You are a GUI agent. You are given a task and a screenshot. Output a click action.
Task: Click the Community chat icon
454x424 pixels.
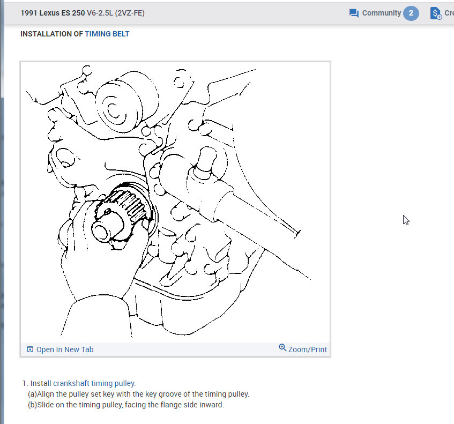pos(354,13)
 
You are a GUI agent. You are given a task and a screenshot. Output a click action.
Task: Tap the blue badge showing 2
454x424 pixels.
pos(411,13)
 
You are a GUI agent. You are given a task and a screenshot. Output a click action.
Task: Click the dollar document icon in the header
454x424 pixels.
pos(436,13)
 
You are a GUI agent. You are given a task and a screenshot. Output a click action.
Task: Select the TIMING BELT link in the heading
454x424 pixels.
pos(107,34)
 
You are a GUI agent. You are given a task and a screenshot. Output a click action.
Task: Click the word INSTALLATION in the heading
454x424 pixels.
pos(46,34)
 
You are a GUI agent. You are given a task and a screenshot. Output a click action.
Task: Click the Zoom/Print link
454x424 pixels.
pos(308,349)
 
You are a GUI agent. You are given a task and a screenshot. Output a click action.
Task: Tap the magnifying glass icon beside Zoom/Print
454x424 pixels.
pos(282,347)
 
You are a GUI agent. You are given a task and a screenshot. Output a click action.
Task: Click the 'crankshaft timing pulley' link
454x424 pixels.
pos(94,383)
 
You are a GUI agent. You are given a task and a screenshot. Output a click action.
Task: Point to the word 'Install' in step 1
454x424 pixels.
pos(41,383)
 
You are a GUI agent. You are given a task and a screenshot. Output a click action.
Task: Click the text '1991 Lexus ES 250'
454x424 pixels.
pos(53,13)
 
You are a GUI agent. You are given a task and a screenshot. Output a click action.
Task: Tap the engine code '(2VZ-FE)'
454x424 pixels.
pos(130,13)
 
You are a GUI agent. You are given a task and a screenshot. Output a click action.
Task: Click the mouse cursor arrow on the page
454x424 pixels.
pos(406,220)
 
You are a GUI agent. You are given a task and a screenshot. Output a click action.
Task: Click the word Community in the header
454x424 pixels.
pos(382,13)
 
